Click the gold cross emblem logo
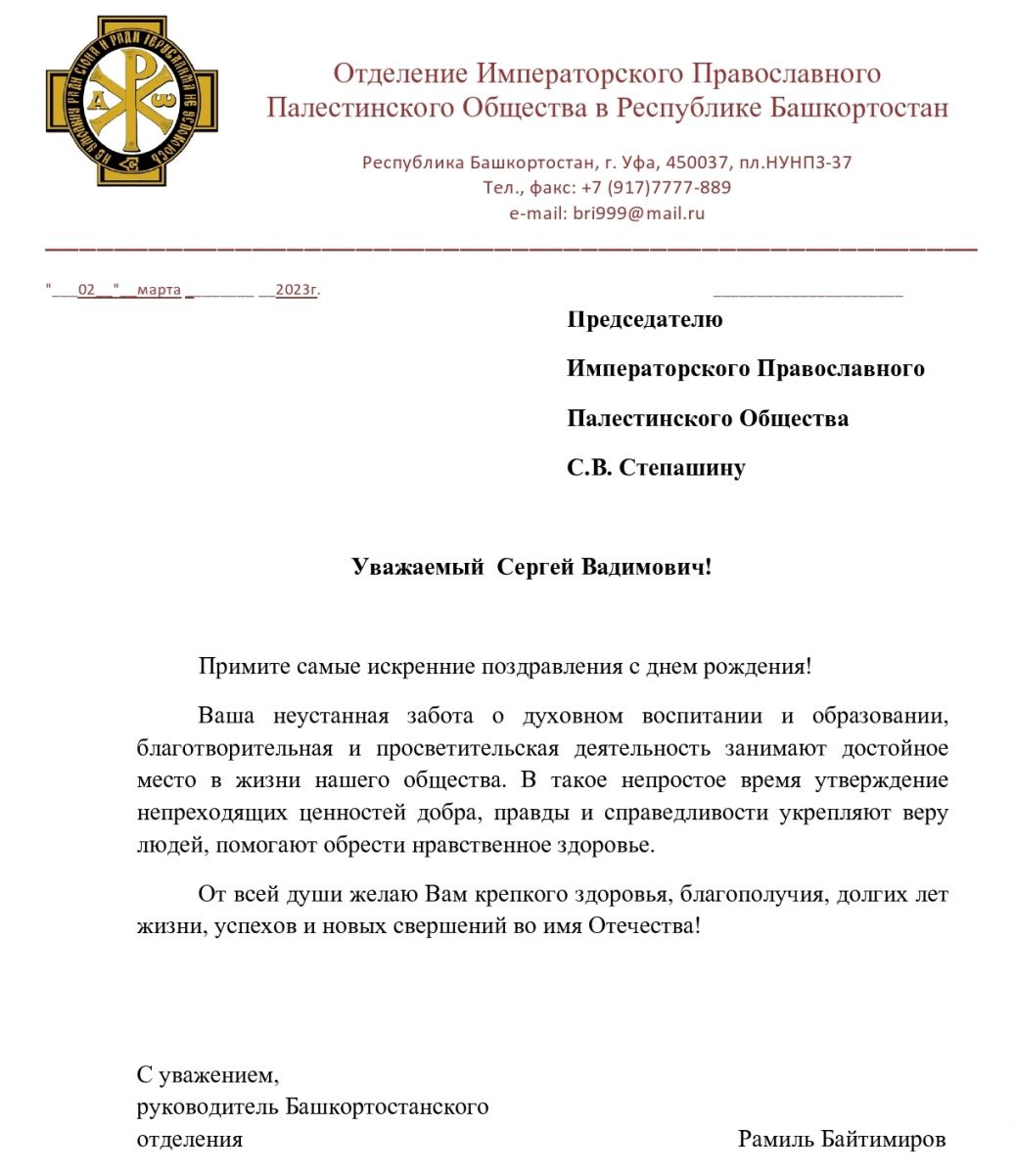tap(130, 101)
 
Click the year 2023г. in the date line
tap(298, 290)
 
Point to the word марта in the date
tap(160, 290)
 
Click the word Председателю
tap(644, 319)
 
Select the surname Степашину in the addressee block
tap(682, 468)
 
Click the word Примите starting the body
tap(236, 667)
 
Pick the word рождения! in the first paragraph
tap(764, 667)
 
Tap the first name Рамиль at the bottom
tap(773, 1139)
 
